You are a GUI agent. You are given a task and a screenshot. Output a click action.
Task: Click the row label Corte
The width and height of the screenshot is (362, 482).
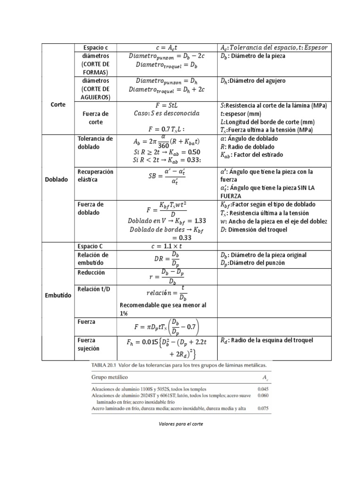58,104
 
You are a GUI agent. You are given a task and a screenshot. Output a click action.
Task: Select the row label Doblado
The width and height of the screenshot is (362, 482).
58,179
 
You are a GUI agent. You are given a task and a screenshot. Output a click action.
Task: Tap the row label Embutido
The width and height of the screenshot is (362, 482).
58,296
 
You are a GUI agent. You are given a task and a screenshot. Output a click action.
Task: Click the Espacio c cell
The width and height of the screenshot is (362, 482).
95,48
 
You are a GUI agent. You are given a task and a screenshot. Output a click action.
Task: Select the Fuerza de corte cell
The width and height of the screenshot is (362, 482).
95,118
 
